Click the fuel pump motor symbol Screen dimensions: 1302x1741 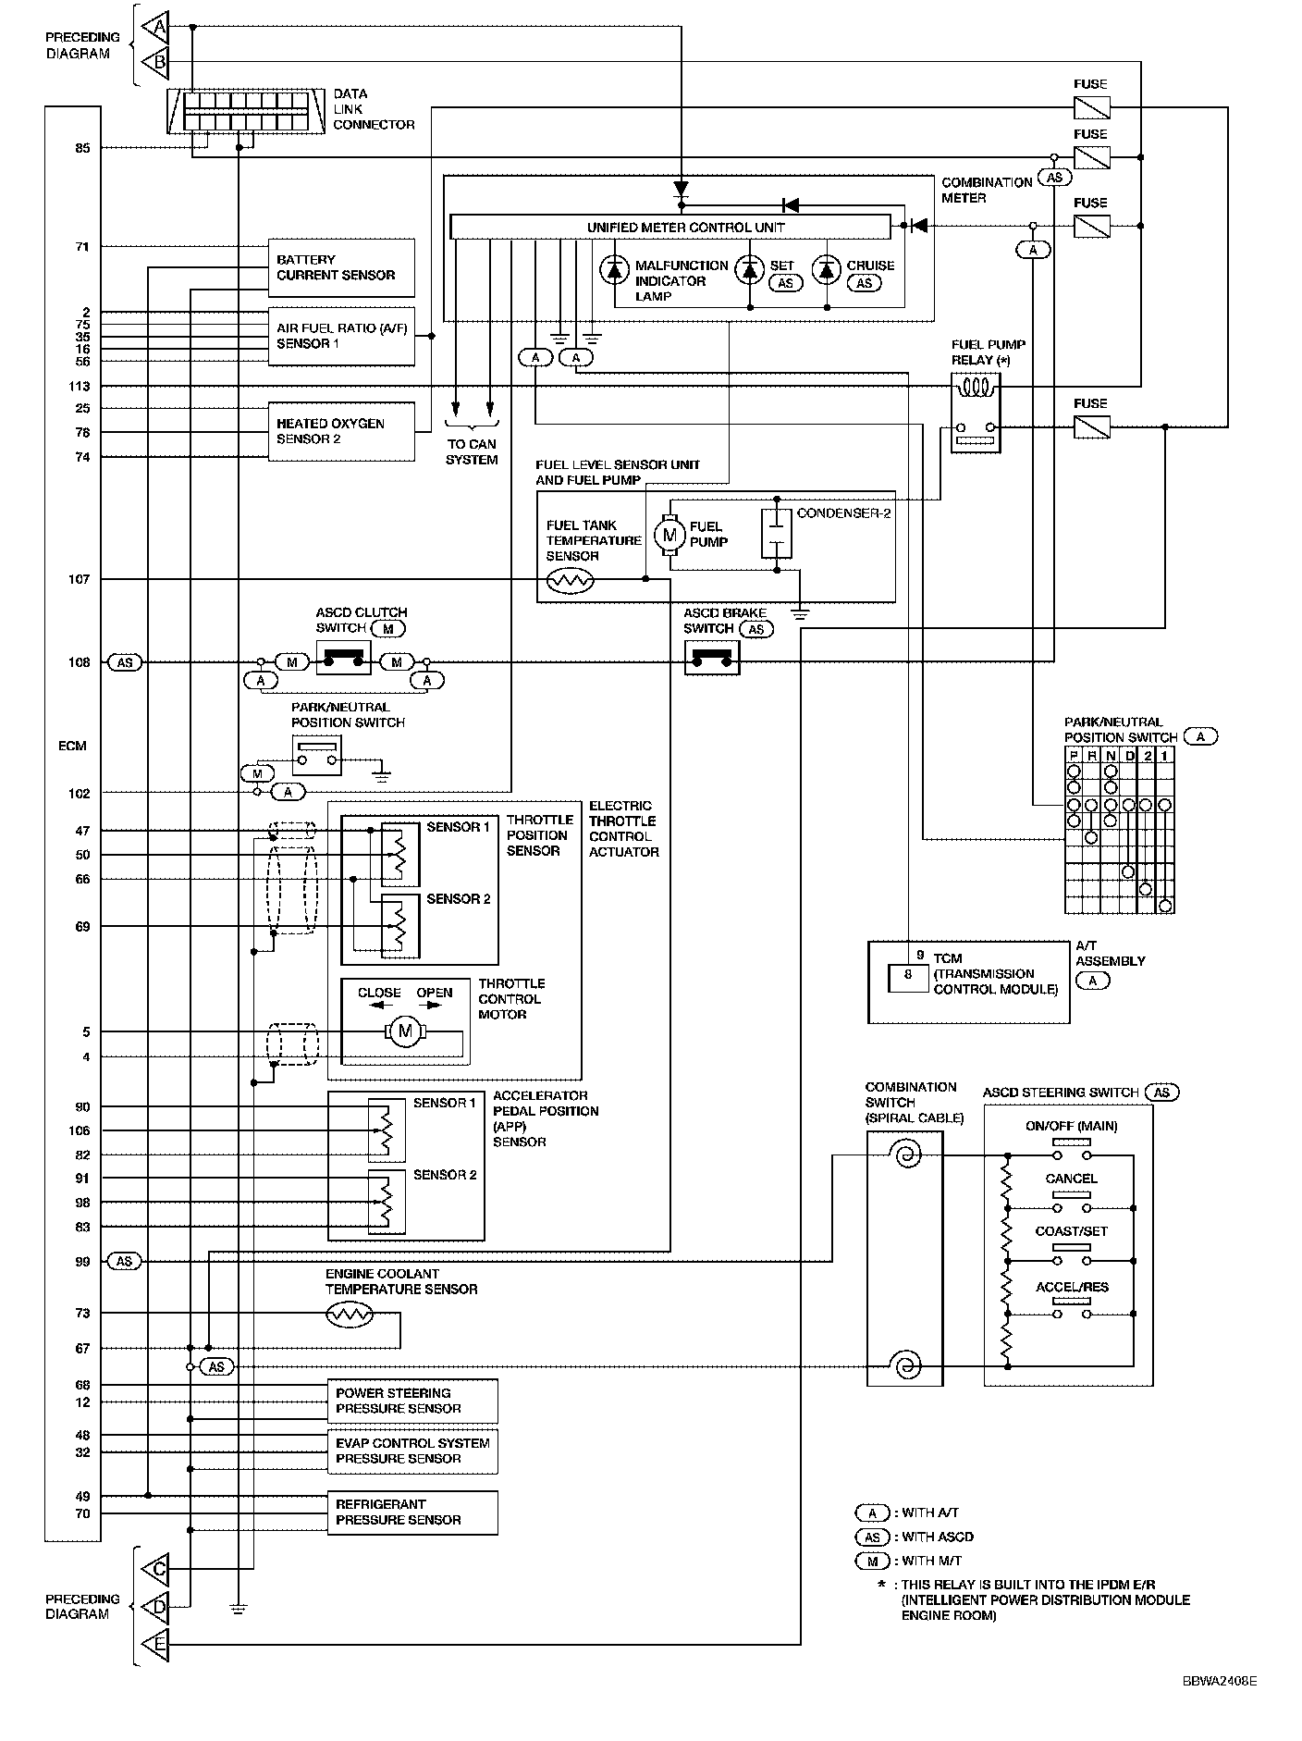click(x=669, y=534)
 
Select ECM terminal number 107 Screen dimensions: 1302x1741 click(x=79, y=579)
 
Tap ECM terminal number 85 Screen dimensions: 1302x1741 click(x=83, y=148)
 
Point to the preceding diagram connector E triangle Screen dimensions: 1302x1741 click(x=155, y=1645)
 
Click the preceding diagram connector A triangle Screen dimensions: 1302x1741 click(x=155, y=27)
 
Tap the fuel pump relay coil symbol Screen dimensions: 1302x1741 click(x=976, y=386)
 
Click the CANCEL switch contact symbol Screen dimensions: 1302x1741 click(x=1071, y=1200)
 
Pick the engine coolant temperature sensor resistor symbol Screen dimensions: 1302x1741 click(x=350, y=1314)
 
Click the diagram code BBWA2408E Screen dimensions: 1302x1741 click(x=1219, y=1681)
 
